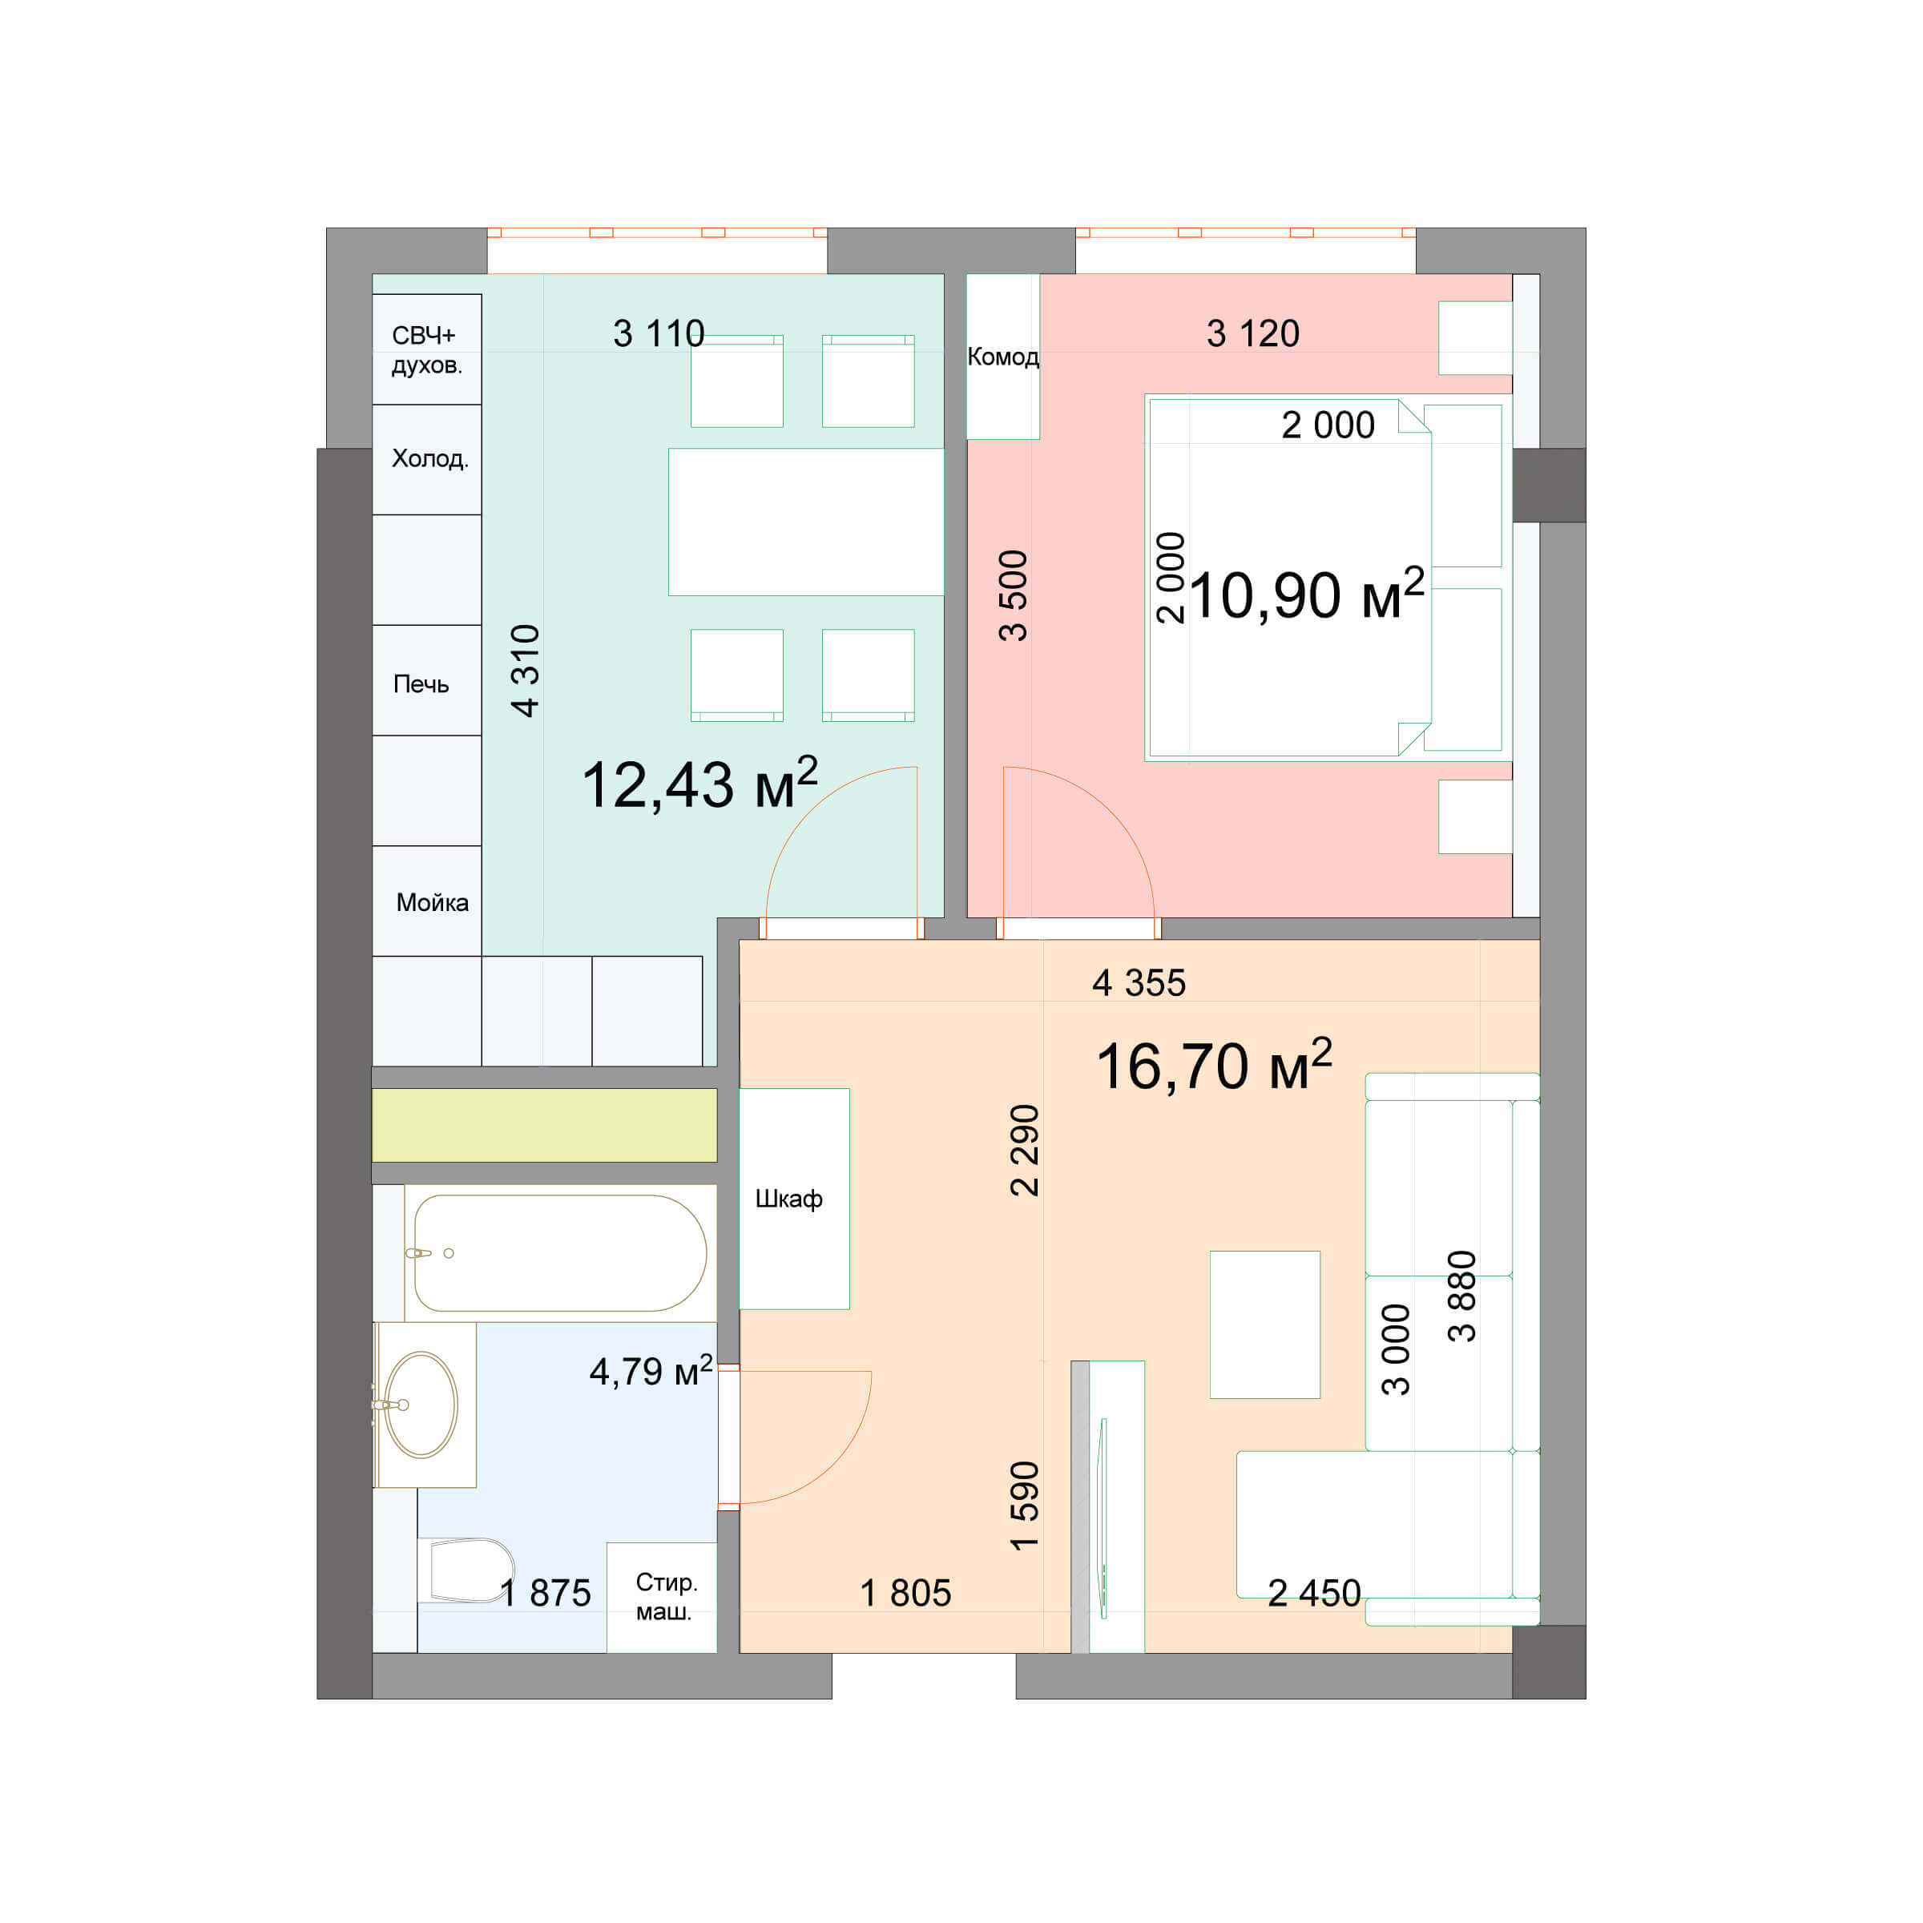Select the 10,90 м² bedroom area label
[x=1306, y=595]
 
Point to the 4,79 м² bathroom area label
[x=651, y=1372]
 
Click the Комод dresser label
[x=1002, y=357]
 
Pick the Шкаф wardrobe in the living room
[x=793, y=1199]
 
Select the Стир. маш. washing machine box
[x=662, y=1598]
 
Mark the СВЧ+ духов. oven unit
[x=427, y=349]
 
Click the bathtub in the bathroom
[x=559, y=1253]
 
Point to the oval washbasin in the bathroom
[x=422, y=1405]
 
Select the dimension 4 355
[x=1139, y=983]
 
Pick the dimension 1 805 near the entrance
[x=905, y=1594]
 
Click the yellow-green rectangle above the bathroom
[x=543, y=1125]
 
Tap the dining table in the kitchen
[x=805, y=522]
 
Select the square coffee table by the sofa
[x=1264, y=1324]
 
